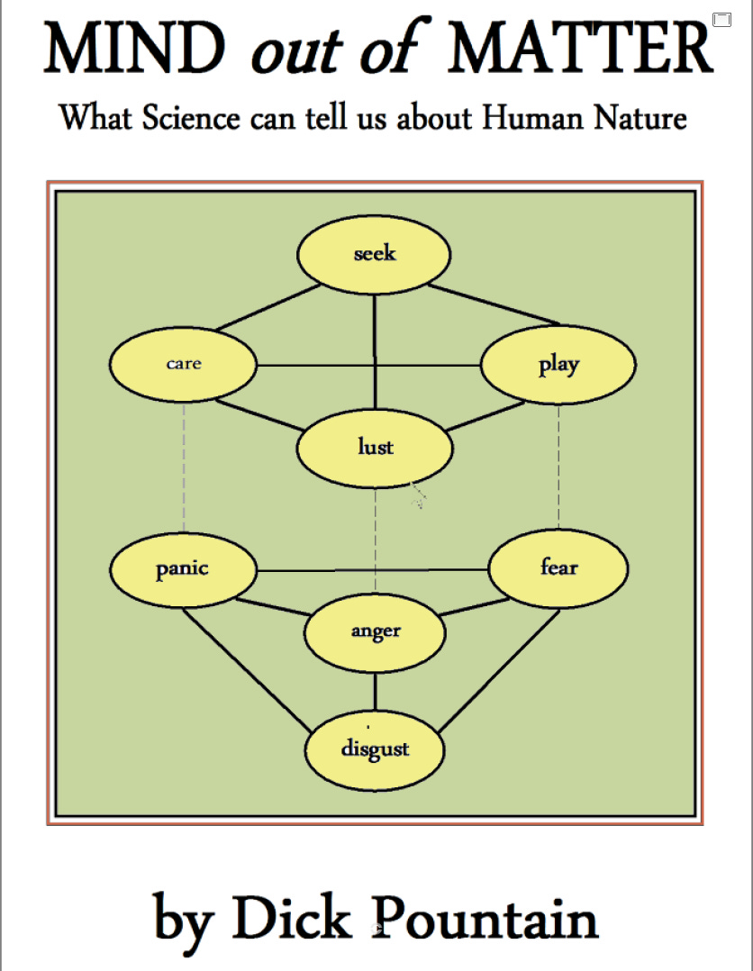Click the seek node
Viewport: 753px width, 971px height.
[x=374, y=254]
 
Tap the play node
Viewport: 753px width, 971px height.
[x=558, y=365]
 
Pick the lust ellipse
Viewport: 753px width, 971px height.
[x=375, y=447]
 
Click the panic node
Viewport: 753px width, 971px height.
[x=183, y=569]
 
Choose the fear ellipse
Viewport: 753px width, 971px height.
[x=558, y=568]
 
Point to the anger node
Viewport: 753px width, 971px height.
[x=375, y=631]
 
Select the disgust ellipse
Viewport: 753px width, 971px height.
[x=375, y=749]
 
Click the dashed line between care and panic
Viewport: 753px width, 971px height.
[x=184, y=468]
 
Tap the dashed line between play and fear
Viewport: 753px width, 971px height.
[x=558, y=468]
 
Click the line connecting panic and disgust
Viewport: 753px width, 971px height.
[x=243, y=668]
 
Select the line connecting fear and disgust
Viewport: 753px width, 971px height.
[x=501, y=668]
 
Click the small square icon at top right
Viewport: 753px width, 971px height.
[x=721, y=19]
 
